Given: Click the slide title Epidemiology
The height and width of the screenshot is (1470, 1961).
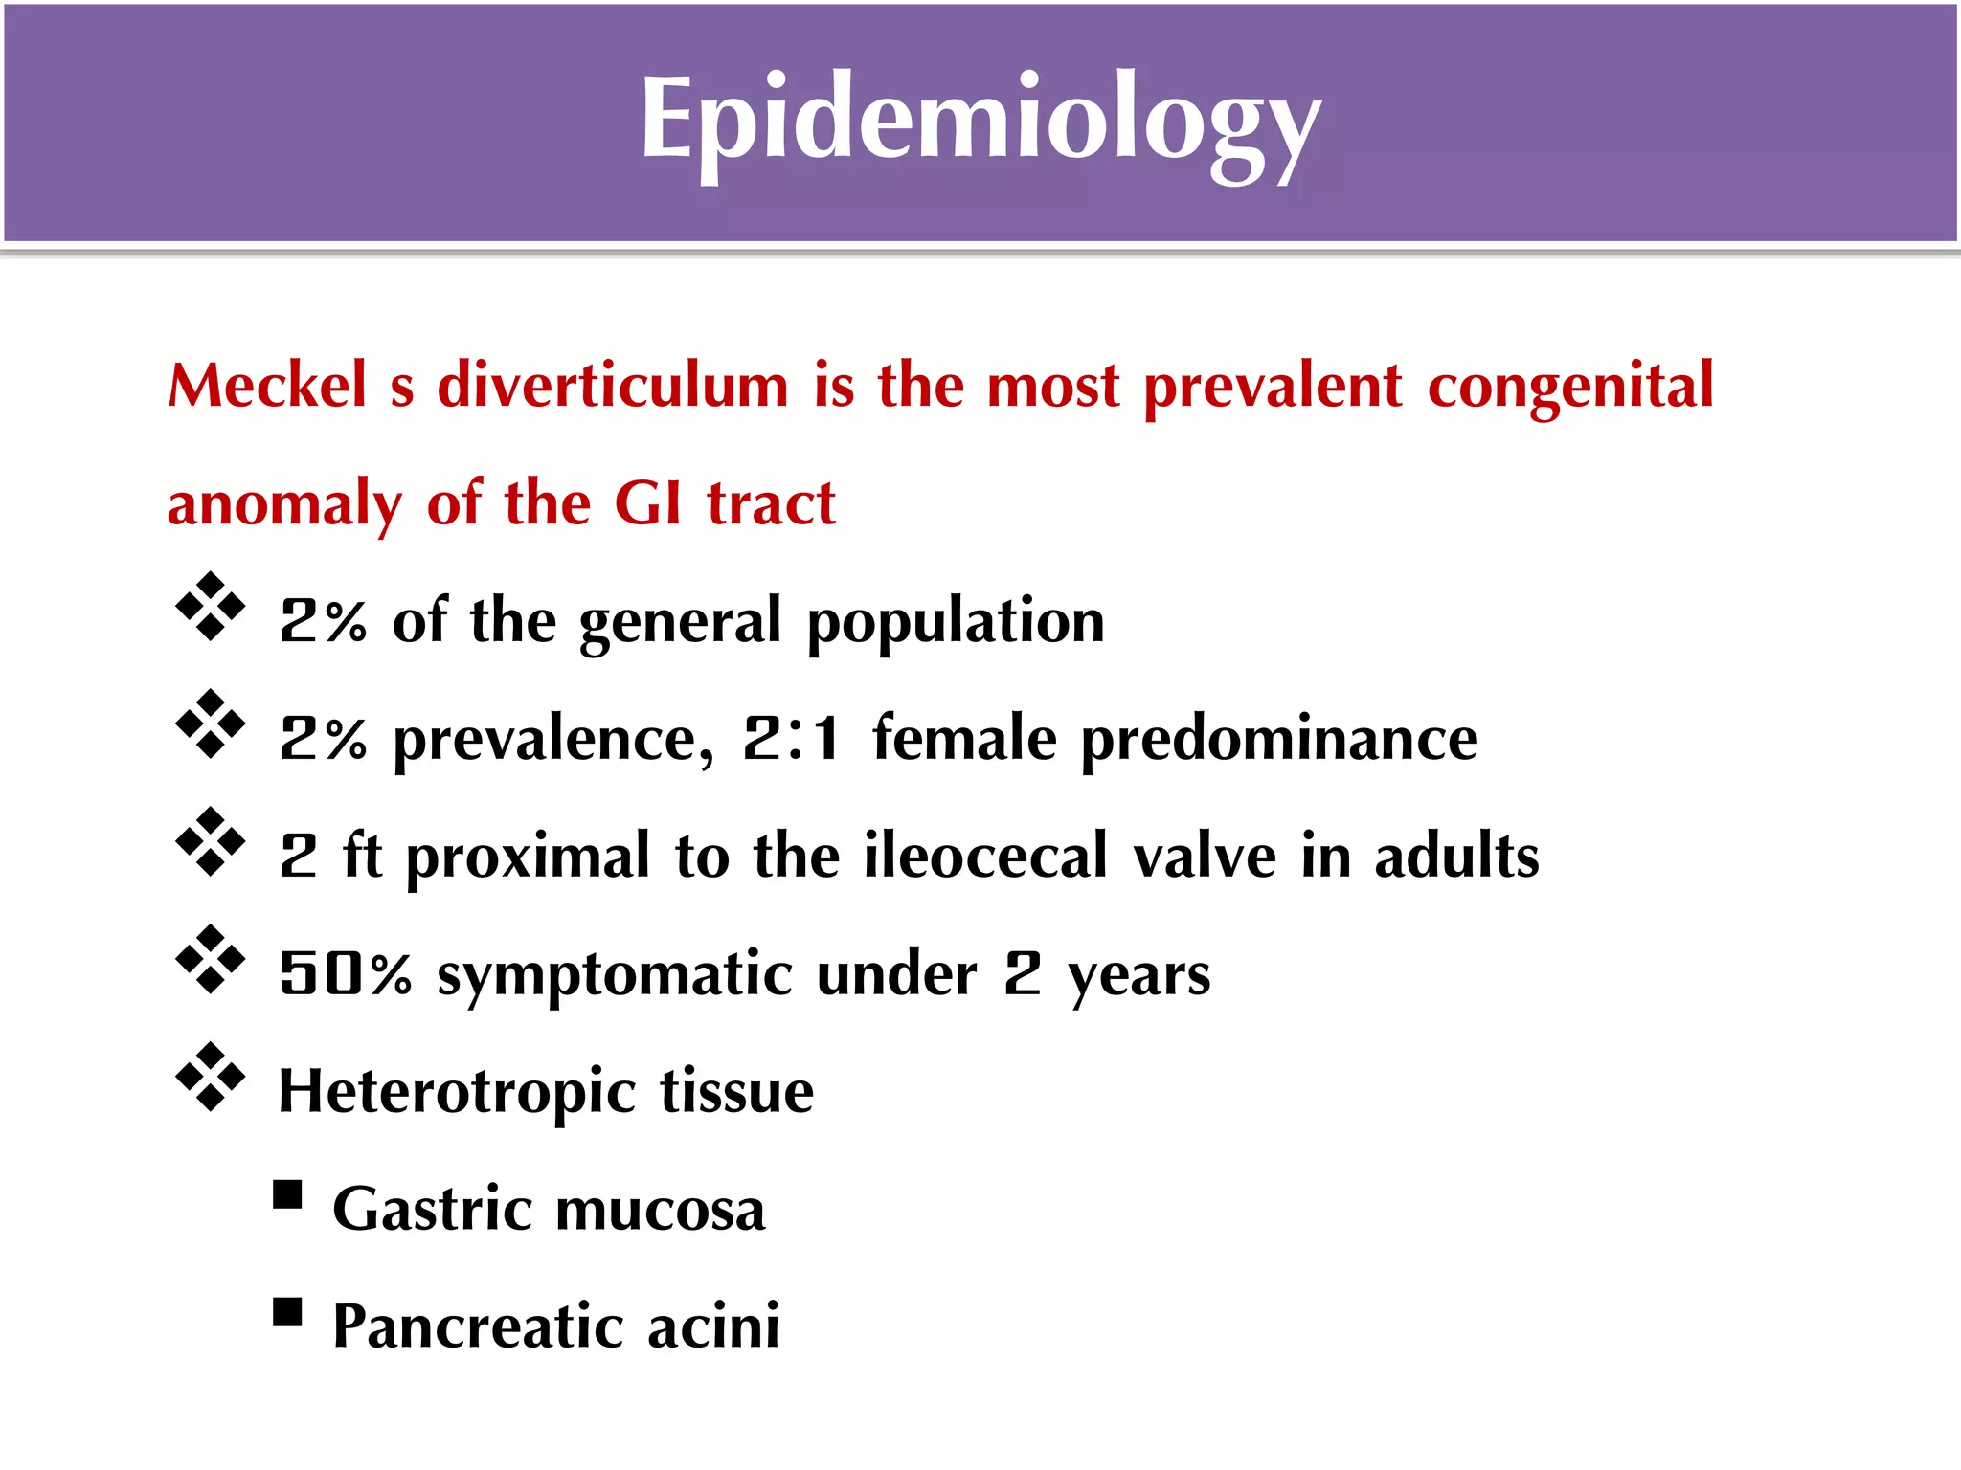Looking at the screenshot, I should click(980, 122).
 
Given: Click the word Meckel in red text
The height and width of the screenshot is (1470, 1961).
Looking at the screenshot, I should click(267, 386).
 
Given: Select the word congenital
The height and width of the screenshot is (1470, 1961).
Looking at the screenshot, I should click(1570, 388).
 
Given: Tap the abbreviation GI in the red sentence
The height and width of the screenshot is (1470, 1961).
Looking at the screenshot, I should click(647, 503).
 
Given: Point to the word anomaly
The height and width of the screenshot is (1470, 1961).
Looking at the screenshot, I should click(284, 505).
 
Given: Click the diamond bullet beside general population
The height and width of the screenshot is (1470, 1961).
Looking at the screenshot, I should click(211, 607).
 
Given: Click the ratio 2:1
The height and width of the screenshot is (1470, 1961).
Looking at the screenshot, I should click(792, 739).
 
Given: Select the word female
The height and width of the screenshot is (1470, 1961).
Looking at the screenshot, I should click(964, 739).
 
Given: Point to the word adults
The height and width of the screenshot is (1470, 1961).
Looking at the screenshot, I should click(1456, 856).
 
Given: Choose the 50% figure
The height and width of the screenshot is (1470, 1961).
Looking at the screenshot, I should click(345, 974).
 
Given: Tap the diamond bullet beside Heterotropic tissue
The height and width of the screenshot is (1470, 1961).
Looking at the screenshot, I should click(211, 1077).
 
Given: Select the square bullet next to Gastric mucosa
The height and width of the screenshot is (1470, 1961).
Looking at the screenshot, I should click(287, 1195).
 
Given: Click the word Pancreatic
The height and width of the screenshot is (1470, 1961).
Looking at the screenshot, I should click(477, 1326).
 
